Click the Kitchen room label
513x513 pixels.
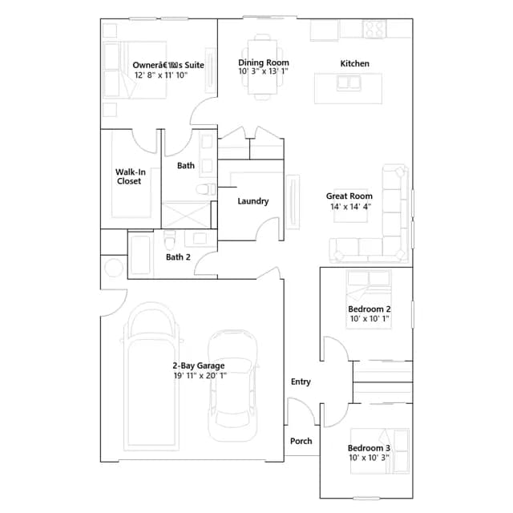[354, 63]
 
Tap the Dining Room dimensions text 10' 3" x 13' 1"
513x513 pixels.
[264, 71]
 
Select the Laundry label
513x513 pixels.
[253, 201]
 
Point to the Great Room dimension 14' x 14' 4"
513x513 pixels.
[350, 207]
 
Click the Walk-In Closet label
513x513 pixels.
[130, 176]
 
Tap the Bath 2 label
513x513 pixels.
[178, 257]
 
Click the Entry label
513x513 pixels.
[301, 382]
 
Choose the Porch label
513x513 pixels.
[301, 441]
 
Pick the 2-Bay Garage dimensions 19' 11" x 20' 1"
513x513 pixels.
[200, 376]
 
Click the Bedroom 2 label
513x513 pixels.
[369, 309]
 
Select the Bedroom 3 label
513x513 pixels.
[369, 448]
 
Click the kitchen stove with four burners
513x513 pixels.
[374, 29]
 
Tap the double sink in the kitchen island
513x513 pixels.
[349, 83]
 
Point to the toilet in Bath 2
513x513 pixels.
[169, 240]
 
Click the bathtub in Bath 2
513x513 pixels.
[141, 256]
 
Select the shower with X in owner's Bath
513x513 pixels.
[186, 215]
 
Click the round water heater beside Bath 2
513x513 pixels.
[114, 267]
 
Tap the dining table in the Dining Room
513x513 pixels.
[262, 67]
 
